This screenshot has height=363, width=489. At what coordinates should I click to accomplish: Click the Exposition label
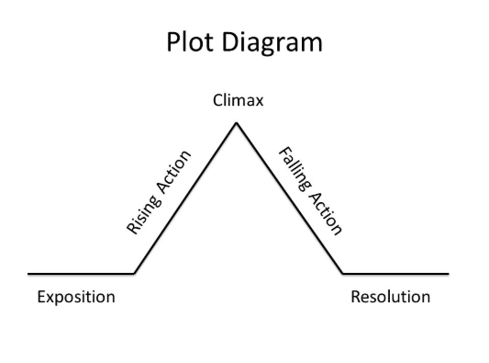click(76, 297)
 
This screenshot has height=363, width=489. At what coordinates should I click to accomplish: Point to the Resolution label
click(390, 297)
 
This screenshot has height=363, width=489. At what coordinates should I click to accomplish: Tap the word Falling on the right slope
click(292, 164)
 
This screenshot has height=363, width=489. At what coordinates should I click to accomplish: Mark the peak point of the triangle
click(238, 122)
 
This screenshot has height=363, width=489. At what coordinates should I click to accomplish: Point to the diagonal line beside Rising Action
click(186, 198)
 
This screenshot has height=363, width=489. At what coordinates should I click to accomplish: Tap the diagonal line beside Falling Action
click(290, 198)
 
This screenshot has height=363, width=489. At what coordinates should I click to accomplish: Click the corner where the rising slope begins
click(134, 274)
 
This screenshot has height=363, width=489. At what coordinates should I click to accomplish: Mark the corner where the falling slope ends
click(343, 274)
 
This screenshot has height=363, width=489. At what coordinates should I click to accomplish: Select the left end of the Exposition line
click(29, 274)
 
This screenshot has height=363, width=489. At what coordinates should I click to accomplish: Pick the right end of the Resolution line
click(448, 274)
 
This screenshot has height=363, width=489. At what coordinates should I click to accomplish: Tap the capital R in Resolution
click(356, 297)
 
